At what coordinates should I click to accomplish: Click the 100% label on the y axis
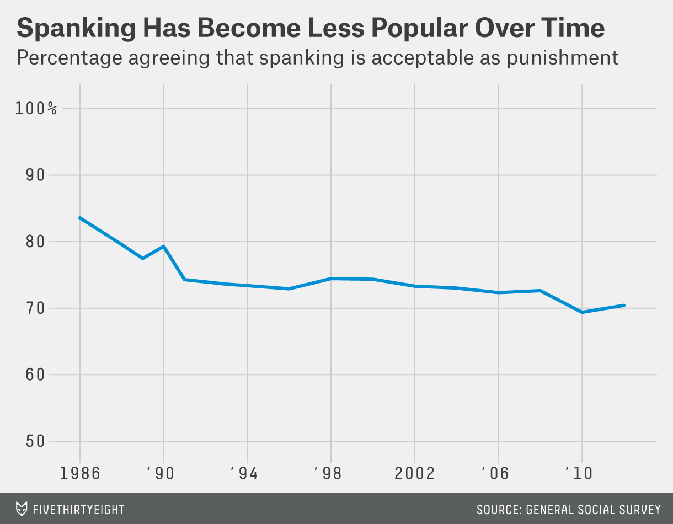(x=36, y=108)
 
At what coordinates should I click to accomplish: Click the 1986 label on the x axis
(x=80, y=473)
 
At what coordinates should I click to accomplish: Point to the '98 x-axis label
(x=329, y=473)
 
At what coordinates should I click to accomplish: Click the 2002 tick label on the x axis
(x=414, y=473)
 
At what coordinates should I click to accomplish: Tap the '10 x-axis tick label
(x=579, y=473)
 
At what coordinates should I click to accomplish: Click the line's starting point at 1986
(x=80, y=218)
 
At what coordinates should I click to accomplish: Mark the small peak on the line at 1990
(x=164, y=246)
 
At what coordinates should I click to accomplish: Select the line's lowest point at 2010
(x=581, y=312)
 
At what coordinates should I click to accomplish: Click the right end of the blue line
(x=623, y=305)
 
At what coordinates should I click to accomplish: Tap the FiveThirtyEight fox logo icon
(x=21, y=509)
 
